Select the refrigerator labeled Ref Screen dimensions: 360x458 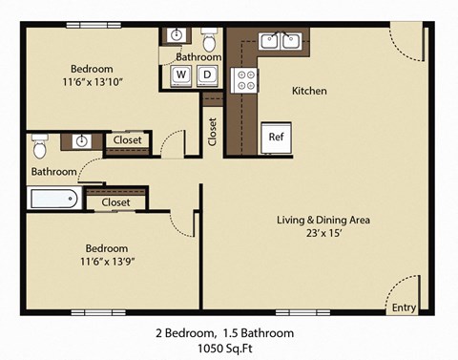[x=277, y=138]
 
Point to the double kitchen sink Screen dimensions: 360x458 [x=281, y=40]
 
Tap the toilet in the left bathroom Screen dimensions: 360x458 [x=40, y=148]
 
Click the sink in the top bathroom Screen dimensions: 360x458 [x=177, y=36]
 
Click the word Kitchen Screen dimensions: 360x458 [x=309, y=92]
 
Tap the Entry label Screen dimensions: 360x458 [x=404, y=307]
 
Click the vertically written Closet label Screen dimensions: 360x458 [x=212, y=132]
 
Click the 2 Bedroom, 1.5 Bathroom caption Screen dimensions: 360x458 [x=224, y=333]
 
